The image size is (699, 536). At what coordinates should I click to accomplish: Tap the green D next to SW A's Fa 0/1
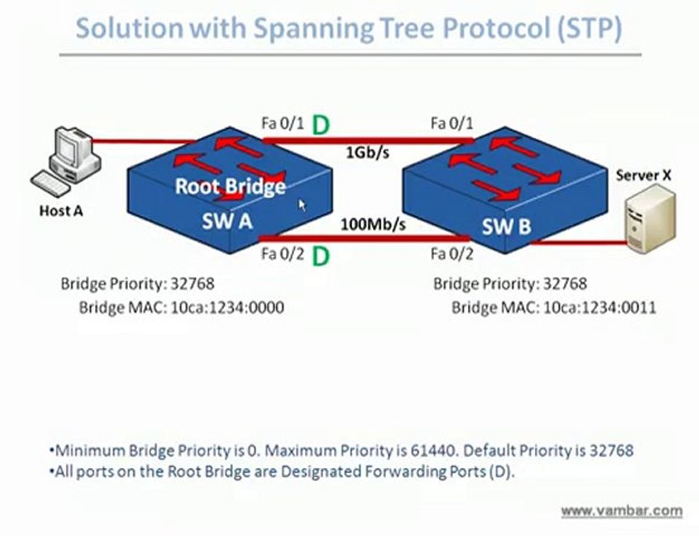[320, 124]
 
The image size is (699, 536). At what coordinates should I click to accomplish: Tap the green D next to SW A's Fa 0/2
[320, 257]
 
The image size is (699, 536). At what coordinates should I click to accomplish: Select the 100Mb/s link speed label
[373, 223]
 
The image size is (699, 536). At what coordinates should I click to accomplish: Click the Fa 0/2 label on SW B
[452, 255]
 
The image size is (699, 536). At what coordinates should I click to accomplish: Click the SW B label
[506, 227]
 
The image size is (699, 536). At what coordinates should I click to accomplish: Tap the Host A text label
[60, 211]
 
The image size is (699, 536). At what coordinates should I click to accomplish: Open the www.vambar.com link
[621, 511]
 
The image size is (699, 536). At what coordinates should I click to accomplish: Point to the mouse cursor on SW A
[302, 205]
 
